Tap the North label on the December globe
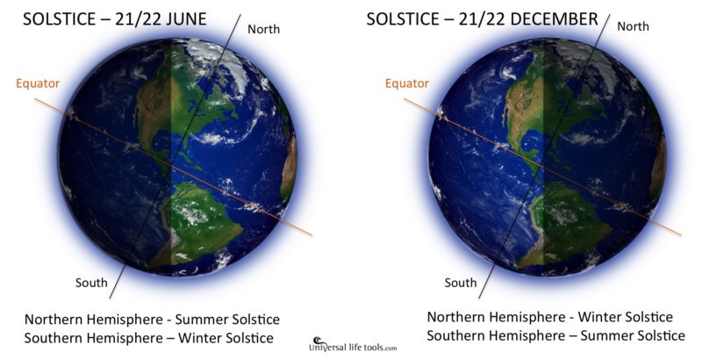point(633,26)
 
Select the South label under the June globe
point(91,282)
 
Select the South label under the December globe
point(461,283)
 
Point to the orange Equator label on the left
point(37,84)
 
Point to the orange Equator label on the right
point(407,83)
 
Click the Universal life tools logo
point(348,344)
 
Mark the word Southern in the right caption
point(458,335)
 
